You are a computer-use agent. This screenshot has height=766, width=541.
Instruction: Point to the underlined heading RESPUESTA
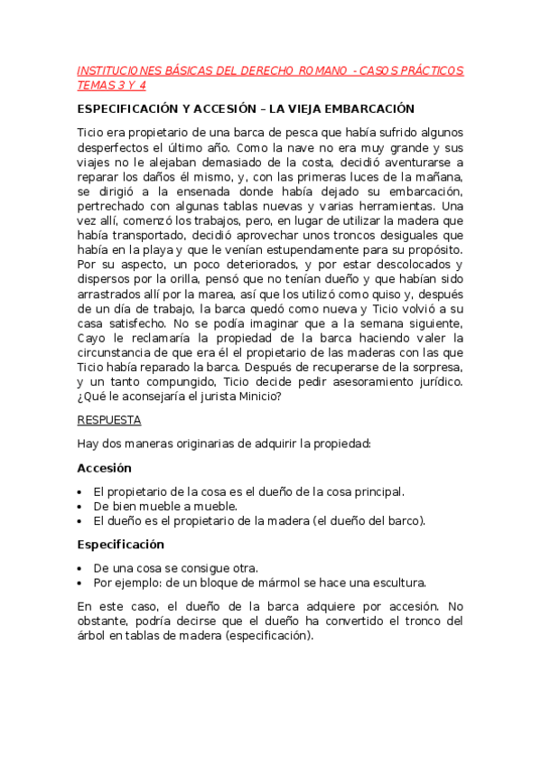(108, 420)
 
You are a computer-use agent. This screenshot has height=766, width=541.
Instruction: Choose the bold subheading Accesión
(104, 468)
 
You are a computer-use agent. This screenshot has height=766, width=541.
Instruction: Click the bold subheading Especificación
(120, 545)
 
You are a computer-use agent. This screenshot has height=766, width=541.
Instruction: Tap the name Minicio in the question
(257, 396)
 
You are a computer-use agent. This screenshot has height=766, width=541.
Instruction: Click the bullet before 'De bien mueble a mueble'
(81, 506)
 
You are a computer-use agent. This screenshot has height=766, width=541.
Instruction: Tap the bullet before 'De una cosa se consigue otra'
(81, 568)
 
